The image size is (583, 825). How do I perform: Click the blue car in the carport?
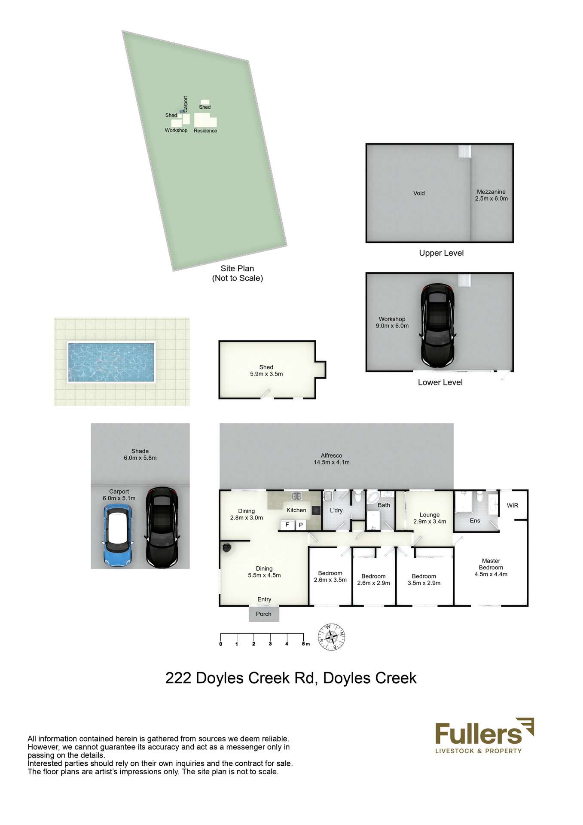pyautogui.click(x=117, y=535)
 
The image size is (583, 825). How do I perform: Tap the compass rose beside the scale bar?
pyautogui.click(x=331, y=636)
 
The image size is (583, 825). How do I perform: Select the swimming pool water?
pyautogui.click(x=111, y=362)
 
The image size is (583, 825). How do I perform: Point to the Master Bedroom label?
pyautogui.click(x=491, y=567)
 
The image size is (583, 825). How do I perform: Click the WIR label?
pyautogui.click(x=512, y=506)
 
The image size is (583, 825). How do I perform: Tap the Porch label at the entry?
pyautogui.click(x=263, y=614)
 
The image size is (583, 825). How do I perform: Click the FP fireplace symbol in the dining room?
pyautogui.click(x=226, y=547)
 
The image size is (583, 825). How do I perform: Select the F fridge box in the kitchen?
pyautogui.click(x=287, y=525)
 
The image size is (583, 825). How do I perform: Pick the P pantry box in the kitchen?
pyautogui.click(x=301, y=525)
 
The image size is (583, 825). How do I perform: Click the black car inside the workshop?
pyautogui.click(x=437, y=325)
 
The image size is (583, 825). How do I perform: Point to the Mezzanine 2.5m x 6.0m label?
pyautogui.click(x=491, y=195)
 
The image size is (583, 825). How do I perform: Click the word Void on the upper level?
pyautogui.click(x=419, y=193)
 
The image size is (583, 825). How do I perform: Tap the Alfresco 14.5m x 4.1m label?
pyautogui.click(x=331, y=459)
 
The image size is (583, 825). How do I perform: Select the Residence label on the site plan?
pyautogui.click(x=205, y=131)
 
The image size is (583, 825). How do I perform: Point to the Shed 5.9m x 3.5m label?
pyautogui.click(x=266, y=370)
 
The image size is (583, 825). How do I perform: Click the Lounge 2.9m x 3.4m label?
pyautogui.click(x=430, y=518)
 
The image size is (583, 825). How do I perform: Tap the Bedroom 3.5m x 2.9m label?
pyautogui.click(x=424, y=580)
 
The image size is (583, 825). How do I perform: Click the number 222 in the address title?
pyautogui.click(x=178, y=678)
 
